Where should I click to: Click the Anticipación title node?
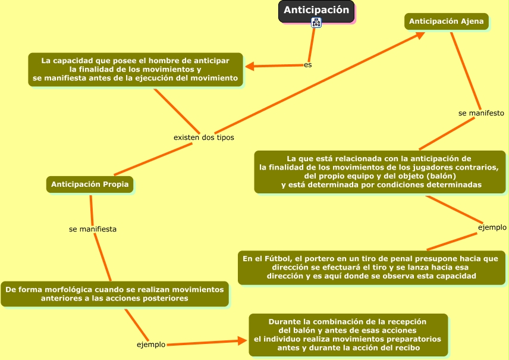point(316,11)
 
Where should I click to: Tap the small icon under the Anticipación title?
point(316,23)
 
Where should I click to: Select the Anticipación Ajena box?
point(447,21)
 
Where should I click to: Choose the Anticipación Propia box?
point(90,184)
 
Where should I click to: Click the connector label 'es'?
point(307,64)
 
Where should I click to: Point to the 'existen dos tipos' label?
point(203,137)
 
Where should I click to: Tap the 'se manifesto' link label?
point(481,112)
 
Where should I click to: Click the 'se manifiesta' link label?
point(93,228)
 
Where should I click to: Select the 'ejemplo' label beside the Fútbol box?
point(492,227)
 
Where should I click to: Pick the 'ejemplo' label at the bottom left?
point(151,345)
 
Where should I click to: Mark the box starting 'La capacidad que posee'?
point(136,70)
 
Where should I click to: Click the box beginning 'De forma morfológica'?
point(114,294)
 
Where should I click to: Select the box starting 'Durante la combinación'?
point(348,334)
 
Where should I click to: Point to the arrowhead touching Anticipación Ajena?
point(420,35)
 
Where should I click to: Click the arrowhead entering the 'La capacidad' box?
point(250,67)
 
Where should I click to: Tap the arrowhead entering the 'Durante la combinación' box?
point(242,341)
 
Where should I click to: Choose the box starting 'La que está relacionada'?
point(381,172)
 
